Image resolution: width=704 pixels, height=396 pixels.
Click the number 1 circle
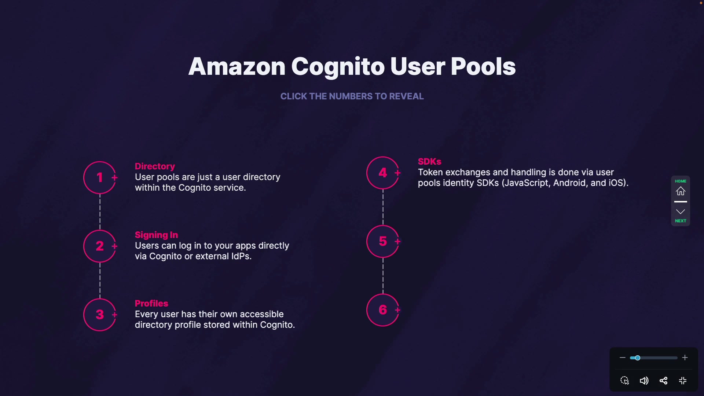pos(100,177)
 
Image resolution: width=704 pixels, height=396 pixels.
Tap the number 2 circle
pos(100,246)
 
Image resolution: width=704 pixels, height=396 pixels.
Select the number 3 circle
pos(100,315)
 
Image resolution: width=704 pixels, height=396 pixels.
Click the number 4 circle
pos(383,173)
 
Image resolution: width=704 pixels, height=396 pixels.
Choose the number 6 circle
pos(383,310)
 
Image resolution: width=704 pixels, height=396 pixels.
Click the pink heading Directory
pos(155,166)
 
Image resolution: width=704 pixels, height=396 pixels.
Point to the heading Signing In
pos(156,235)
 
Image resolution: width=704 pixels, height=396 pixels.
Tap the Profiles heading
pos(151,304)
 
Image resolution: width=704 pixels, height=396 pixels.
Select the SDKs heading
pos(429,162)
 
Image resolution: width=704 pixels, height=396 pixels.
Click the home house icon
pos(681,191)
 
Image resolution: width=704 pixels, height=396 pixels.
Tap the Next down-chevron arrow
pos(681,212)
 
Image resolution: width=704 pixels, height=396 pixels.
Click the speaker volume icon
pos(644,381)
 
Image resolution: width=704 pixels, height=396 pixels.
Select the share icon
pos(663,381)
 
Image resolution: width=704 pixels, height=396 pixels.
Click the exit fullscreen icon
pos(683,381)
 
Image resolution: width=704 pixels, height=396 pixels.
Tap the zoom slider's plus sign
pos(685,358)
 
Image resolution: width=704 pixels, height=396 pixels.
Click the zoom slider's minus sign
pos(622,358)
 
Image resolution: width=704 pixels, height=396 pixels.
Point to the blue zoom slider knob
pos(638,358)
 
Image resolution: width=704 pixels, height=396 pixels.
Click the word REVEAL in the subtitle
pos(406,96)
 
